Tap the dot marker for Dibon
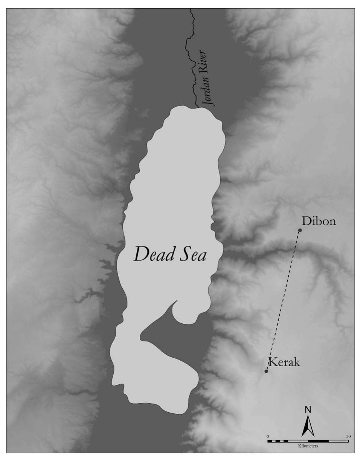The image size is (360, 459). coord(300,230)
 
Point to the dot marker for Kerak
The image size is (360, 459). coord(266,372)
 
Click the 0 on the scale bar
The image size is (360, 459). coord(268,436)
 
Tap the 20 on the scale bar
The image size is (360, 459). coord(348,436)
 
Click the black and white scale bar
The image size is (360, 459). coord(308,441)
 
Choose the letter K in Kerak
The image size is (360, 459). coord(271,363)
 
